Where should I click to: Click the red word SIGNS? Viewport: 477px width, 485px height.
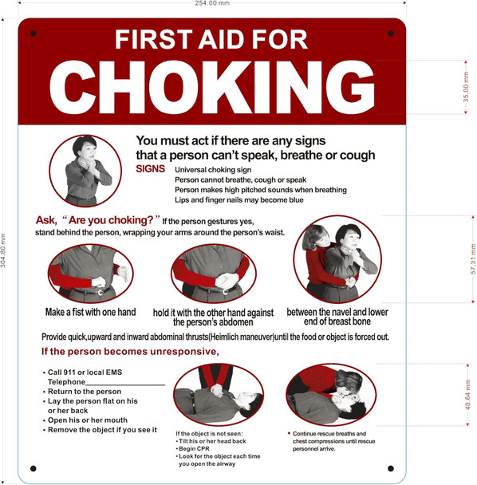click(151, 169)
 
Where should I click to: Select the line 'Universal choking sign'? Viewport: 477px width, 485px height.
click(213, 170)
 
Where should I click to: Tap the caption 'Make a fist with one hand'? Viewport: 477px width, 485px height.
click(90, 312)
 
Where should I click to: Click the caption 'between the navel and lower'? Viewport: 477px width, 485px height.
click(337, 312)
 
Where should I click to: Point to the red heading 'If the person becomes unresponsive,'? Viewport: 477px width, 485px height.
click(129, 352)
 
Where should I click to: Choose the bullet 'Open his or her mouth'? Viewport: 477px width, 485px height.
click(87, 420)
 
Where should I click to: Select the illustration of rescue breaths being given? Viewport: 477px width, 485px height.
click(329, 394)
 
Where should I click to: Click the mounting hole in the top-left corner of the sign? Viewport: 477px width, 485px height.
click(33, 34)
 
